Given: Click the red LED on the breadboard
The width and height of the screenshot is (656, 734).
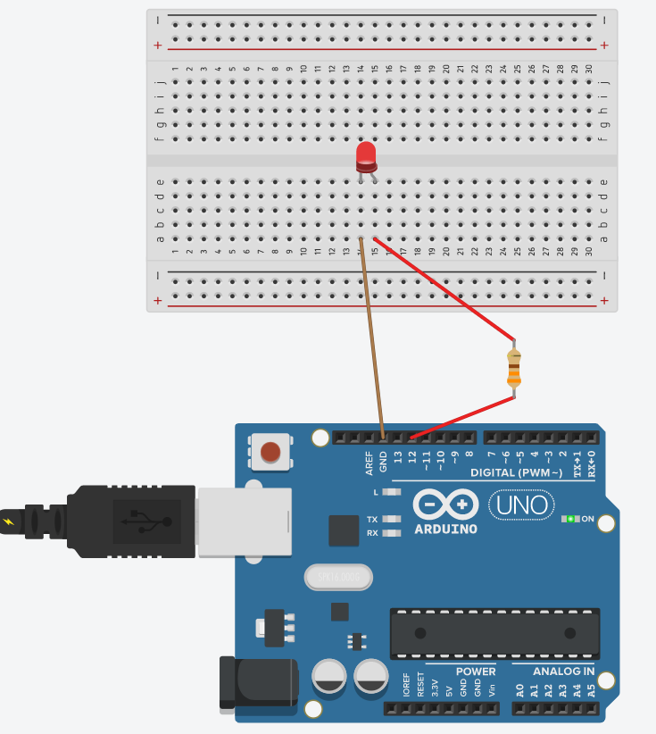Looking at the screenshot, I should pos(366,155).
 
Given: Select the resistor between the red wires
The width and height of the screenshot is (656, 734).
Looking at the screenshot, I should pos(514,368).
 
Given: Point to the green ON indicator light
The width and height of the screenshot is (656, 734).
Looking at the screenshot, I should pos(569,519).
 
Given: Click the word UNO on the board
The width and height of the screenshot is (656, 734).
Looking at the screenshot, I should pos(521,505).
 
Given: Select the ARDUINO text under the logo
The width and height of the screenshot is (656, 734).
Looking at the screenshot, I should pos(446,529).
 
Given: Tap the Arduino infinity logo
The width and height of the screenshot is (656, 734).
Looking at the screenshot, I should pos(446,505).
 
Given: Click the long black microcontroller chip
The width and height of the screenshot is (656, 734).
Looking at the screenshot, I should pos(494,634).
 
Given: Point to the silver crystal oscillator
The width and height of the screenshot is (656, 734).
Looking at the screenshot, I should pos(337,578).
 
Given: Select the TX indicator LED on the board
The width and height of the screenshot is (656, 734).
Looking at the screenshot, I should pos(390,519).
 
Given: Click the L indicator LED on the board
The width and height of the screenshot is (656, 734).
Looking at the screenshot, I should pos(390,492).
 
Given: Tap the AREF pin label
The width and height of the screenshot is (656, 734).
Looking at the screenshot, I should pos(369,462).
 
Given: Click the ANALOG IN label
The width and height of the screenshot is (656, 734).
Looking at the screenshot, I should pos(564,671).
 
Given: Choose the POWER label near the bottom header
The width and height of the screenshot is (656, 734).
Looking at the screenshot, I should pos(476,671).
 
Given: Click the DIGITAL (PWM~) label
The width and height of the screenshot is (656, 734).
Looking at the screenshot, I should pos(517,472).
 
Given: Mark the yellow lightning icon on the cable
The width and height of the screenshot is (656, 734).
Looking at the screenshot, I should pos(10,521).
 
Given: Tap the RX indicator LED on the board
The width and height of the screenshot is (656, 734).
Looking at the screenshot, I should pos(390,533).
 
